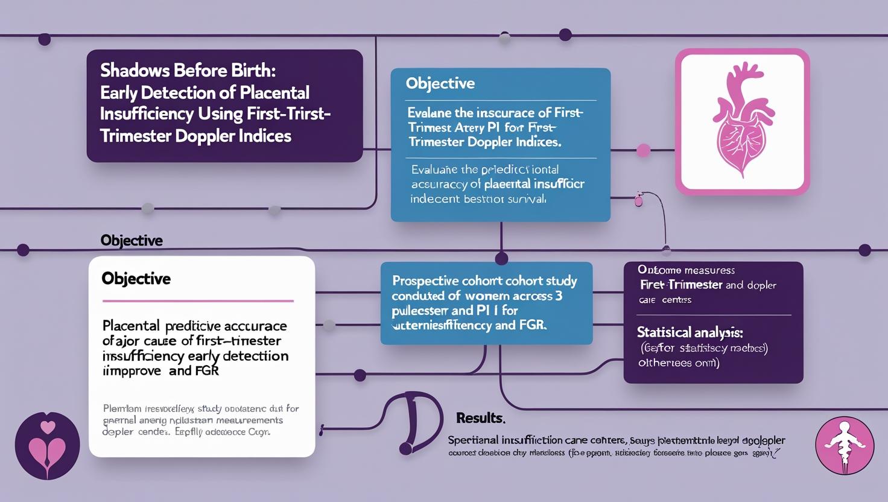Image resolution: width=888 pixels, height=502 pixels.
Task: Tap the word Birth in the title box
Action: [253, 71]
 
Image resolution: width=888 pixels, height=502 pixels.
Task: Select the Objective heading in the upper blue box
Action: [440, 83]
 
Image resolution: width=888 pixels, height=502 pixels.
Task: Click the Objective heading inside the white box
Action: [136, 279]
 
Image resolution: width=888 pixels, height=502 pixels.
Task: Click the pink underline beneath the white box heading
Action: [198, 300]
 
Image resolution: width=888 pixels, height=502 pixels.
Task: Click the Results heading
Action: [480, 418]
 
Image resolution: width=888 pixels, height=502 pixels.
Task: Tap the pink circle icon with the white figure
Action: [844, 445]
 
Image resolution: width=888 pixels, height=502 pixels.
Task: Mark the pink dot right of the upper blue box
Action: [643, 150]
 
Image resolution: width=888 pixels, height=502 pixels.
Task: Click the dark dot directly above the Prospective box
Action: [501, 259]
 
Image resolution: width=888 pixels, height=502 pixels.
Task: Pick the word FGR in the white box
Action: [206, 370]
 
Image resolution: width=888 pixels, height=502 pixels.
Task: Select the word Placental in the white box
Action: [131, 326]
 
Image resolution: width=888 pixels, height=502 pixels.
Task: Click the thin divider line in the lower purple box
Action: [714, 315]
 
